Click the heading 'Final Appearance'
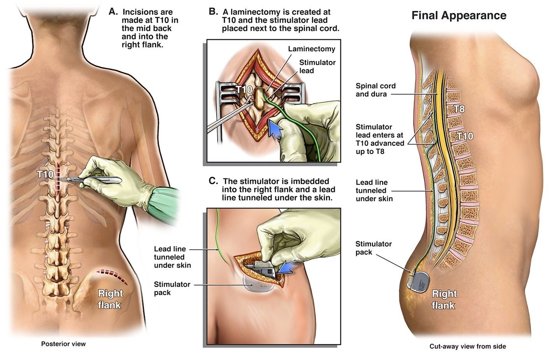(x=459, y=16)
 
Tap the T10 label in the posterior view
(x=46, y=175)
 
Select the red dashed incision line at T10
(x=58, y=178)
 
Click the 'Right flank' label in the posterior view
(x=110, y=299)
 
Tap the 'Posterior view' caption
(x=63, y=344)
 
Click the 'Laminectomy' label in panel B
(x=311, y=49)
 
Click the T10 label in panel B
(x=244, y=90)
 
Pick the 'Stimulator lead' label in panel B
(x=317, y=66)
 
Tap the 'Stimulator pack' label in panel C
(x=172, y=288)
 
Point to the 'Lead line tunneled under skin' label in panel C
(x=172, y=257)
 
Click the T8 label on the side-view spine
(x=459, y=109)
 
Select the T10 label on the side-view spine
(x=464, y=136)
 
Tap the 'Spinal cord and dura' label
(x=375, y=90)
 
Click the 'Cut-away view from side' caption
(x=467, y=346)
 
